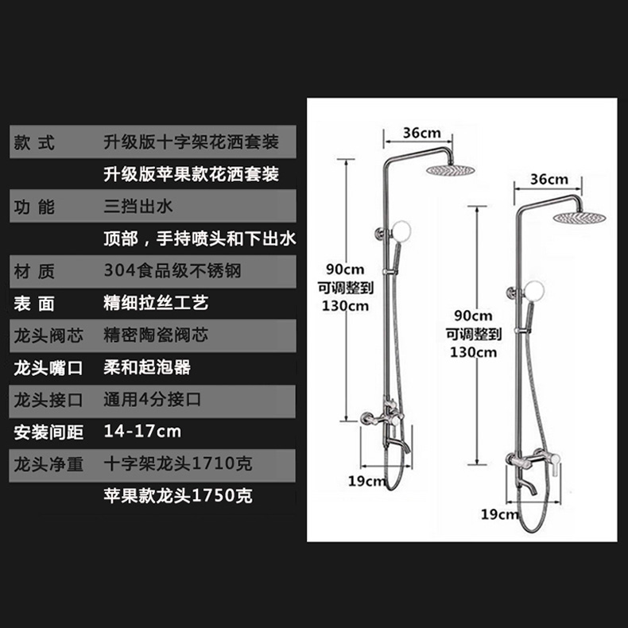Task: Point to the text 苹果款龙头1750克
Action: coord(179,496)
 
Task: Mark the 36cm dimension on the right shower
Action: coord(549,179)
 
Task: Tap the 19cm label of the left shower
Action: coord(366,479)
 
